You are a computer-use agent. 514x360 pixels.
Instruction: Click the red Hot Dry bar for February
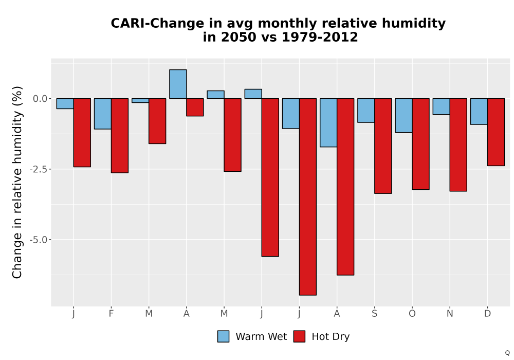click(x=120, y=135)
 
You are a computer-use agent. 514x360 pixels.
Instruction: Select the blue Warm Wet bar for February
click(x=103, y=114)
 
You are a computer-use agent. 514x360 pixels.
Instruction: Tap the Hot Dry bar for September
click(x=383, y=146)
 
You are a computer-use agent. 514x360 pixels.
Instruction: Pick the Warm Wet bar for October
click(x=403, y=115)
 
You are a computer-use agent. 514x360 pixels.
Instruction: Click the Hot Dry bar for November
click(x=458, y=145)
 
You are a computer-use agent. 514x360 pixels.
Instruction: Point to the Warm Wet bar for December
click(x=479, y=112)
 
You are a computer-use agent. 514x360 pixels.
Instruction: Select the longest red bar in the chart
click(x=308, y=197)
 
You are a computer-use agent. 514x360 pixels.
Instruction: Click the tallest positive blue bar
click(x=178, y=84)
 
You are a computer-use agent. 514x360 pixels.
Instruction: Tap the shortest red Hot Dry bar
click(x=195, y=107)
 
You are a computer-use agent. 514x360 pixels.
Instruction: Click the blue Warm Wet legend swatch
click(x=223, y=336)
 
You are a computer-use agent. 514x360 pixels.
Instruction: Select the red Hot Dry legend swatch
click(x=299, y=336)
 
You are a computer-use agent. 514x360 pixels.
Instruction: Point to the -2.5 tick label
click(x=39, y=169)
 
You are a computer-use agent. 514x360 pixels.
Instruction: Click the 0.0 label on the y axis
click(x=40, y=98)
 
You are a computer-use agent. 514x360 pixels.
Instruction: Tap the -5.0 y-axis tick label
click(x=39, y=240)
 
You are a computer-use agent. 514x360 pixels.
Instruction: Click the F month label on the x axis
click(x=111, y=313)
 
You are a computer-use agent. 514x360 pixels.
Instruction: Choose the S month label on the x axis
click(x=374, y=313)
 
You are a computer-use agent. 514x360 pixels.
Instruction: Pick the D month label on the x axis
click(x=487, y=313)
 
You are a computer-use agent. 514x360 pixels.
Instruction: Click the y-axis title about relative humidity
click(x=17, y=182)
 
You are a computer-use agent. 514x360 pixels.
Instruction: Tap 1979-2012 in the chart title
click(x=320, y=37)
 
